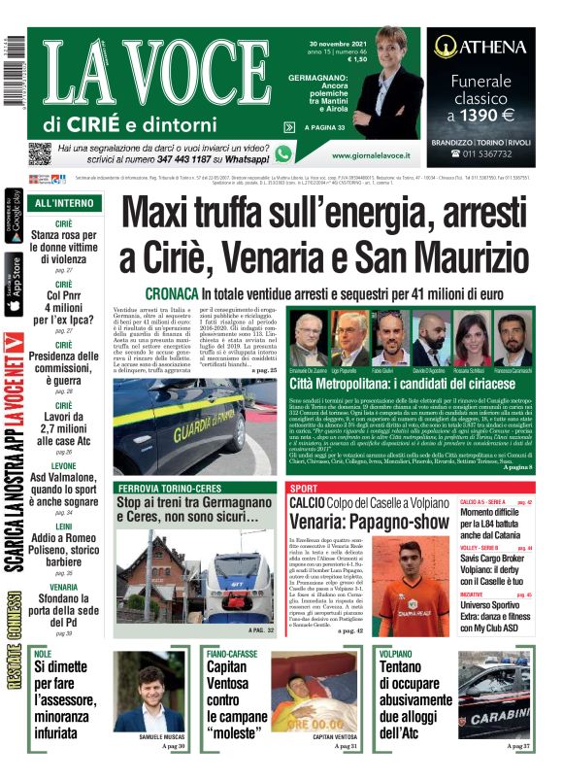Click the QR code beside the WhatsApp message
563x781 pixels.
click(39, 153)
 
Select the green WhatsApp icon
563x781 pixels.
click(283, 153)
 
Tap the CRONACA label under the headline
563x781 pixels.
click(172, 292)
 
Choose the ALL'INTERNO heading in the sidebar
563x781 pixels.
click(64, 204)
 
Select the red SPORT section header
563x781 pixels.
click(304, 488)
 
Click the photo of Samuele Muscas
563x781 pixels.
click(149, 691)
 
